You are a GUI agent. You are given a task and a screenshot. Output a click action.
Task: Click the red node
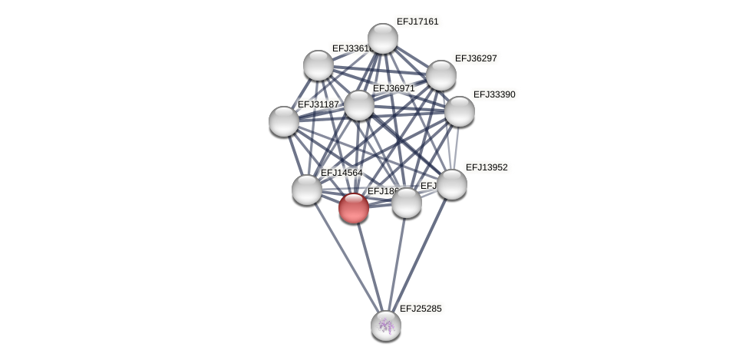tap(354, 208)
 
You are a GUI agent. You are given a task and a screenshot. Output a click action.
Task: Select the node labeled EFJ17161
tap(383, 38)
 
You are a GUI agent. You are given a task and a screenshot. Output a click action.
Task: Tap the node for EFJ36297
tap(441, 75)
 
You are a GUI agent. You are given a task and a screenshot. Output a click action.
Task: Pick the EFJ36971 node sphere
tap(359, 105)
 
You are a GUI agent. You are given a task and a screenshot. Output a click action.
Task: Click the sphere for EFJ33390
tap(460, 111)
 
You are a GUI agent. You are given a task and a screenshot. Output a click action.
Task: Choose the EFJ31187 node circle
tap(284, 121)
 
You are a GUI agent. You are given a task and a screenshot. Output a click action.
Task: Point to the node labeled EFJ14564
tap(307, 190)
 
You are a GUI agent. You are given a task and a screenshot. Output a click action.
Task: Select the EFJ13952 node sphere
tap(452, 184)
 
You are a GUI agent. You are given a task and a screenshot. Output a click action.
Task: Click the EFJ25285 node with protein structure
tap(386, 325)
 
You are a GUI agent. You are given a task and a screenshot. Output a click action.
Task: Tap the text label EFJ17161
tap(417, 21)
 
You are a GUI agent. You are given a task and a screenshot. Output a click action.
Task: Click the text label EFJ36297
tap(476, 58)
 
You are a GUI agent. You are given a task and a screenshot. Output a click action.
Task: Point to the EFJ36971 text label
tap(394, 88)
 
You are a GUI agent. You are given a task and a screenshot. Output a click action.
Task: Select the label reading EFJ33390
tap(494, 94)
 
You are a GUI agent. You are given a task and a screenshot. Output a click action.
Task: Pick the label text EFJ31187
tap(318, 104)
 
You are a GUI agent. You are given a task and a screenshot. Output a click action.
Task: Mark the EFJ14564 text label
tap(342, 173)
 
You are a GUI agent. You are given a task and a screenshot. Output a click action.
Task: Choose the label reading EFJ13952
tap(487, 167)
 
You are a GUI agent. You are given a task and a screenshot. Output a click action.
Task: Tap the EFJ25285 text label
tap(421, 309)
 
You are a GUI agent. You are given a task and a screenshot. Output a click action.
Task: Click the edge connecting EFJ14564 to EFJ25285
tap(346, 257)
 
